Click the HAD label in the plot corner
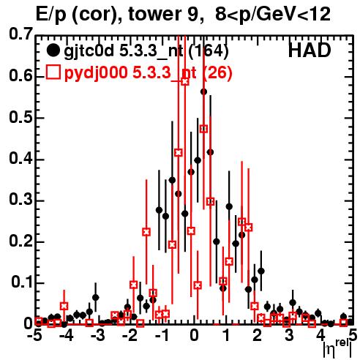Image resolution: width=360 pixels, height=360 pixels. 310,50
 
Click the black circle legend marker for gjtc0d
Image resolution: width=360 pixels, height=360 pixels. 53,50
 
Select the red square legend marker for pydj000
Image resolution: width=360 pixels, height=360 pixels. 53,72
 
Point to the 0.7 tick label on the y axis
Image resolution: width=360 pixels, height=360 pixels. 20,34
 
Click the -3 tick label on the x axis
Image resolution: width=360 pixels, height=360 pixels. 97,335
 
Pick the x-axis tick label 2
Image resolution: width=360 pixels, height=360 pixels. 257,335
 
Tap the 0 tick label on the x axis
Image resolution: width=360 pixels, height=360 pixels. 194,335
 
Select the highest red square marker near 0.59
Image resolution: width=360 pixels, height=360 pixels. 185,81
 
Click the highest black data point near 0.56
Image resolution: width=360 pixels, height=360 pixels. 204,92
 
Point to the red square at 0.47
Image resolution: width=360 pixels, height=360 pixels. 204,129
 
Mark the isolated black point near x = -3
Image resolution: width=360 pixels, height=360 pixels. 96,298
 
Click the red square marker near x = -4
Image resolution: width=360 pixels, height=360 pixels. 64,306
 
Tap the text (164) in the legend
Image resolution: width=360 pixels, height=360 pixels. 209,51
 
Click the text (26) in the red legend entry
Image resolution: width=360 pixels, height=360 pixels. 217,72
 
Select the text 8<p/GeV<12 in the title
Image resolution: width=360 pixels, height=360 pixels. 273,15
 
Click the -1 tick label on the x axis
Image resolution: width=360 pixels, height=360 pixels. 162,335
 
